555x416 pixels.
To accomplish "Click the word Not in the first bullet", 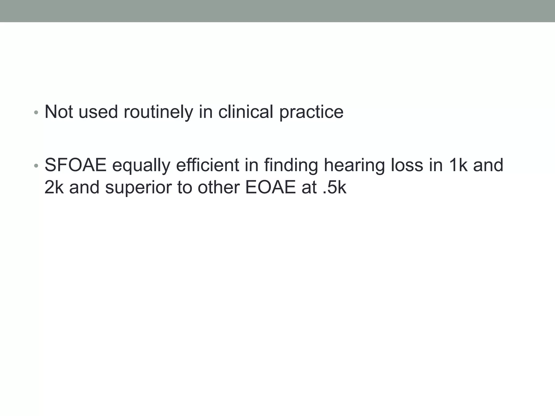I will pyautogui.click(x=59, y=112).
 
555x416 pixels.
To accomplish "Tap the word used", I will pyautogui.click(x=98, y=112).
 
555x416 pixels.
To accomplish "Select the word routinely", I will pyautogui.click(x=158, y=112).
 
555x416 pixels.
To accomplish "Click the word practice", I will pyautogui.click(x=311, y=112).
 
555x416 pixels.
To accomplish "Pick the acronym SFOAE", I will pyautogui.click(x=75, y=165).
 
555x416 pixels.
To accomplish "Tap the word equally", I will pyautogui.click(x=141, y=165).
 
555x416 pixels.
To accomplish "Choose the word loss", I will pyautogui.click(x=406, y=165).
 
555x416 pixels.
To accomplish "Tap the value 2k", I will pyautogui.click(x=54, y=187).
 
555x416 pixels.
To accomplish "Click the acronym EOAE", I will pyautogui.click(x=270, y=187).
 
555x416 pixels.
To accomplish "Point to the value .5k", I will pyautogui.click(x=334, y=187).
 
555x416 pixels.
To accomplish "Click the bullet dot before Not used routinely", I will pyautogui.click(x=36, y=112).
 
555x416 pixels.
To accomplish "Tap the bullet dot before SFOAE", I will pyautogui.click(x=36, y=166).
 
